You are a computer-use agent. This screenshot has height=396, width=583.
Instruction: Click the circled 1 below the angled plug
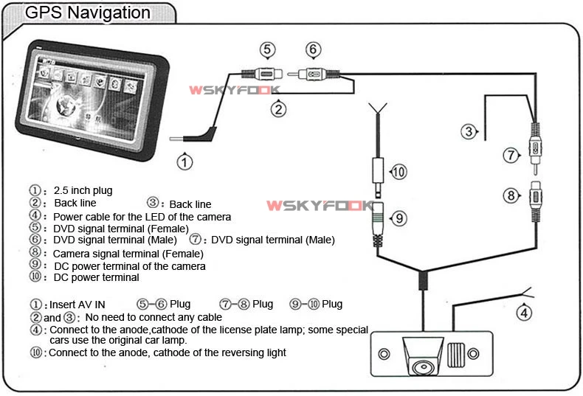click(184, 160)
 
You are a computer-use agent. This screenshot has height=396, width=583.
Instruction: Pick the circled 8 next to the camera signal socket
click(511, 195)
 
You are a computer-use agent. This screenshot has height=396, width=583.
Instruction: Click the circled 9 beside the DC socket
click(397, 218)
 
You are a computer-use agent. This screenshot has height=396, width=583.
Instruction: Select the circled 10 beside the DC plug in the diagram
click(397, 173)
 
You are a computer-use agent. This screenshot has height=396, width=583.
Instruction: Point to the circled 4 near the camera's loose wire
click(523, 312)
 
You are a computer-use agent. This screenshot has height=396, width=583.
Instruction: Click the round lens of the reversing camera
click(424, 367)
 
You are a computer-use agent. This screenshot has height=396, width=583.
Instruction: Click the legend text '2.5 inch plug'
click(83, 191)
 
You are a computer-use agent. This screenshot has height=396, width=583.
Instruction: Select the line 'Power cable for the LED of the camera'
click(142, 217)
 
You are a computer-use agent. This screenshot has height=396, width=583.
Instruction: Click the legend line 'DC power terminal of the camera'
click(129, 265)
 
